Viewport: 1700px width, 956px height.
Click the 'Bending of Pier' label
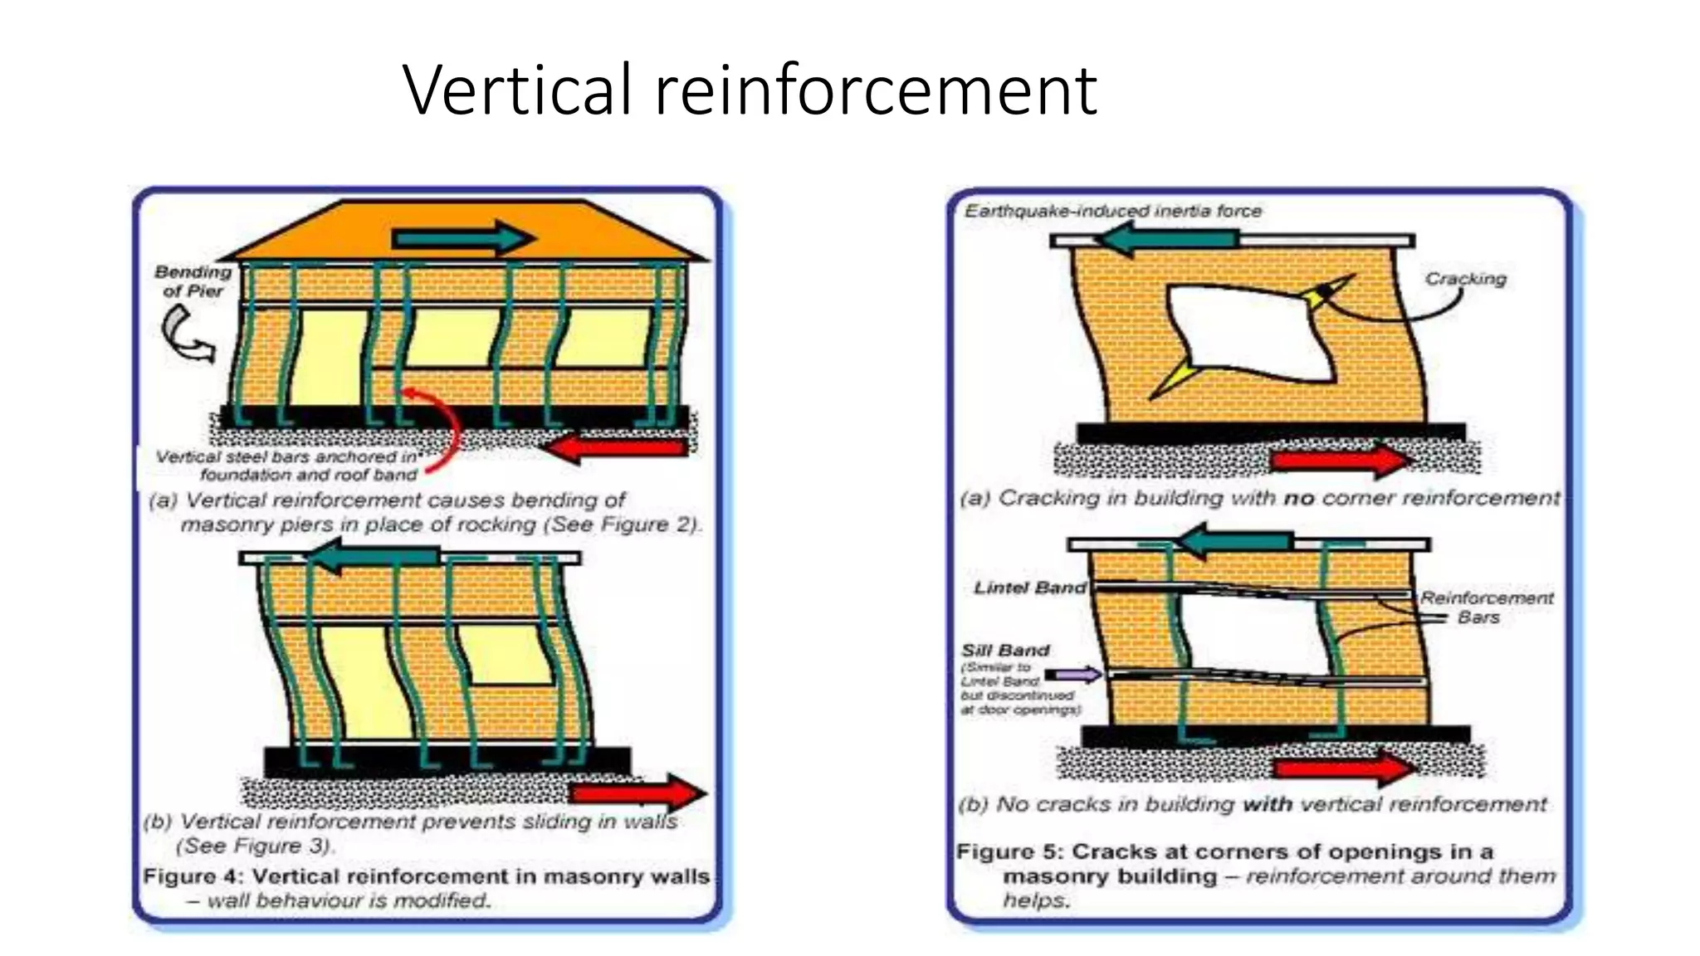pos(193,281)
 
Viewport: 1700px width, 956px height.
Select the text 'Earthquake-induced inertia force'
pos(1112,211)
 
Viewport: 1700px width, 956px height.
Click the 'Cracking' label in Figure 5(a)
pos(1465,279)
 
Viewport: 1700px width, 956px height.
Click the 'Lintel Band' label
pos(1029,588)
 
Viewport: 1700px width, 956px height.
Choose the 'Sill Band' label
pos(1005,650)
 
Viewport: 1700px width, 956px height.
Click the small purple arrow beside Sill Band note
pos(1073,674)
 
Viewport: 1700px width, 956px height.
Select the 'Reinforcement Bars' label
pos(1485,607)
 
